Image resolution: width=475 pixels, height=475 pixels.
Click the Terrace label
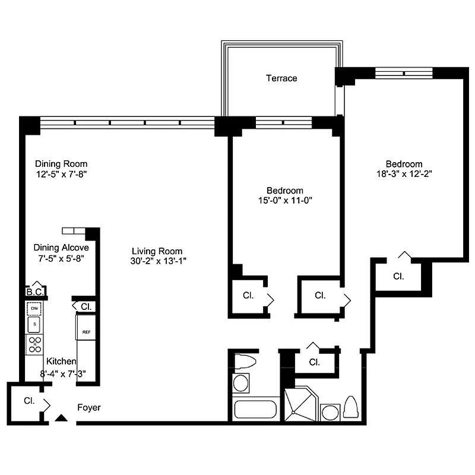tap(281, 78)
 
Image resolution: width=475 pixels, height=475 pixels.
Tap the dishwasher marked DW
tap(34, 309)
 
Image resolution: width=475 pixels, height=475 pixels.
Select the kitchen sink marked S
tap(34, 324)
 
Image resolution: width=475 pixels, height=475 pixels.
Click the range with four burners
tap(34, 344)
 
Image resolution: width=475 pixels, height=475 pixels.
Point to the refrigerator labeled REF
tap(86, 332)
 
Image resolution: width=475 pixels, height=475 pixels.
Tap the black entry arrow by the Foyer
tap(61, 418)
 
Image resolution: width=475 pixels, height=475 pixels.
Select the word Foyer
tap(89, 408)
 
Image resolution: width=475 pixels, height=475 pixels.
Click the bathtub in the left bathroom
tap(255, 410)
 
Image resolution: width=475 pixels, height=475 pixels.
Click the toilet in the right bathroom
tap(350, 407)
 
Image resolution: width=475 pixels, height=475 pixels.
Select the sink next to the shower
tap(330, 411)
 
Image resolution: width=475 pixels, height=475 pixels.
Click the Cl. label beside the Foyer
tap(29, 401)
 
